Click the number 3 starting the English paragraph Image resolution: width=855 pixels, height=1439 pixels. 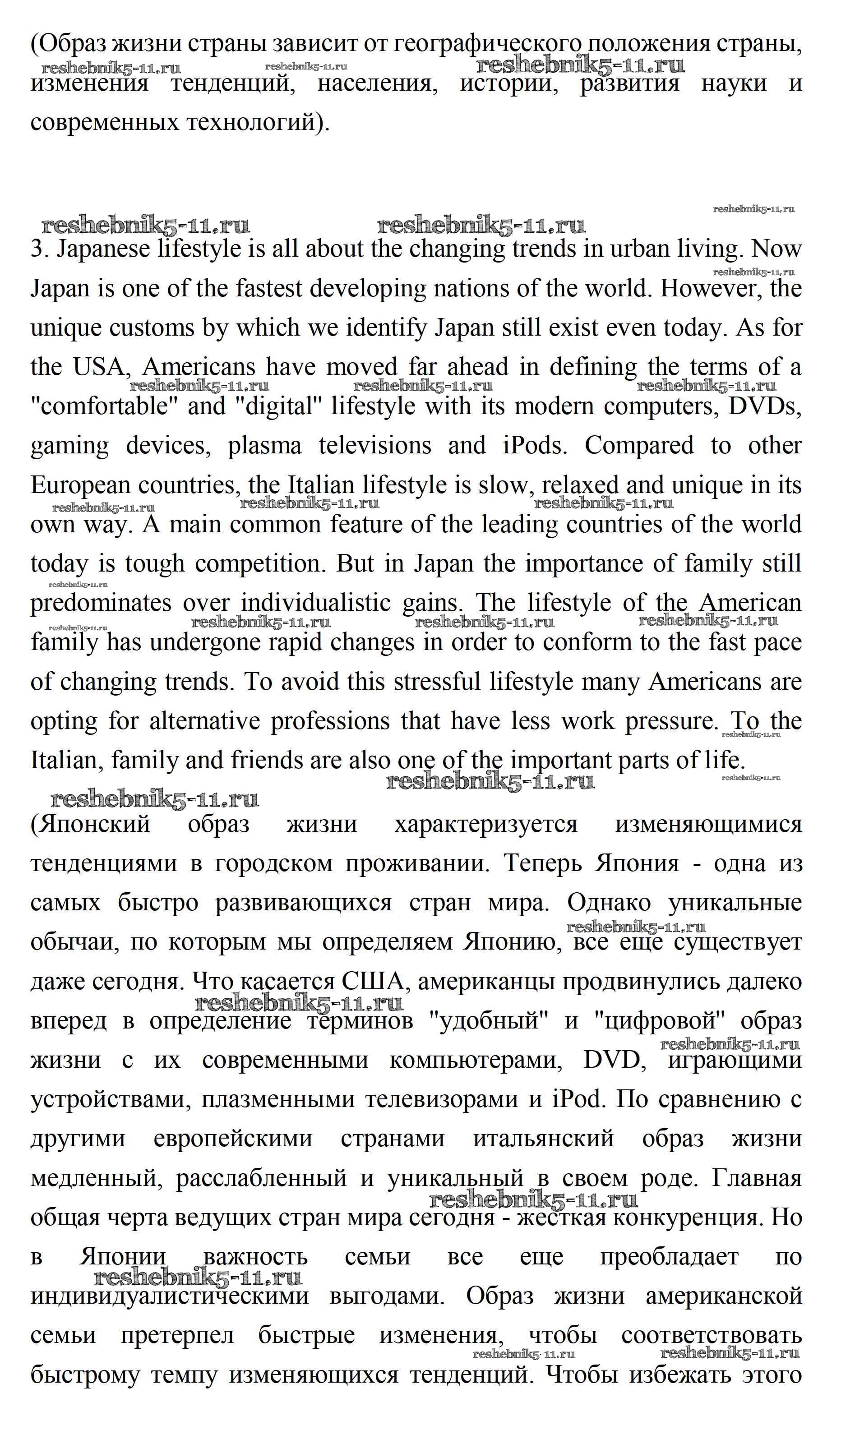pos(36,249)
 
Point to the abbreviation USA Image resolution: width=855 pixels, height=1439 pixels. pos(98,367)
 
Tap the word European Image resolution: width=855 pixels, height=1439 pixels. pos(81,486)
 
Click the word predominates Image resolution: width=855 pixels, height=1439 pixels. pos(101,604)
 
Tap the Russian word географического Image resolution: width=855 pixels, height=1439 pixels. pos(484,44)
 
